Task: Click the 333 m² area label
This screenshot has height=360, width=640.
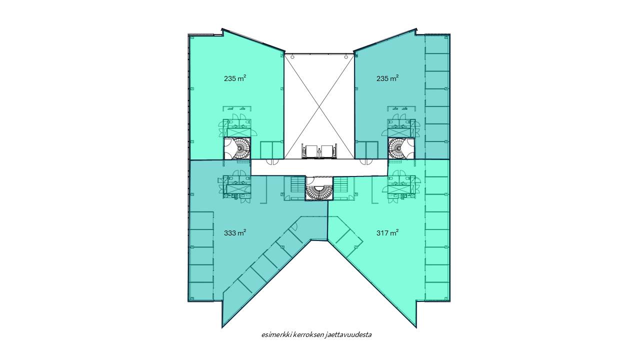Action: pyautogui.click(x=235, y=233)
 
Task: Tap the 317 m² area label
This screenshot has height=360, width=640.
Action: pyautogui.click(x=387, y=233)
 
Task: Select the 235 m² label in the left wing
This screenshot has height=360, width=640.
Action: pyautogui.click(x=235, y=78)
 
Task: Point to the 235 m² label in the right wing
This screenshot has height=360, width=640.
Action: pyautogui.click(x=387, y=78)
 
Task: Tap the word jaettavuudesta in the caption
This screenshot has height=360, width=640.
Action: pyautogui.click(x=348, y=335)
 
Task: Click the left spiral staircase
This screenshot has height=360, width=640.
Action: pyautogui.click(x=237, y=148)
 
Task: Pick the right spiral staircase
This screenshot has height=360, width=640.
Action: pyautogui.click(x=401, y=148)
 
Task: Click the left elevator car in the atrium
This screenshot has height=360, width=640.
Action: pyautogui.click(x=311, y=151)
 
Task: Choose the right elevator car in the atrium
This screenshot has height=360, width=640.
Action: pyautogui.click(x=327, y=151)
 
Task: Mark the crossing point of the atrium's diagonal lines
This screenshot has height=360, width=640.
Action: pyautogui.click(x=319, y=105)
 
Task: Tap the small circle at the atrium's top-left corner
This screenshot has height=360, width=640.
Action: pyautogui.click(x=292, y=57)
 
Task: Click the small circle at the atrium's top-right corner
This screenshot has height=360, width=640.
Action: pyautogui.click(x=346, y=57)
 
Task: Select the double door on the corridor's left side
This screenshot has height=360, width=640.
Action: pyautogui.click(x=272, y=161)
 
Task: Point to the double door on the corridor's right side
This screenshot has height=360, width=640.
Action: pyautogui.click(x=366, y=161)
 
